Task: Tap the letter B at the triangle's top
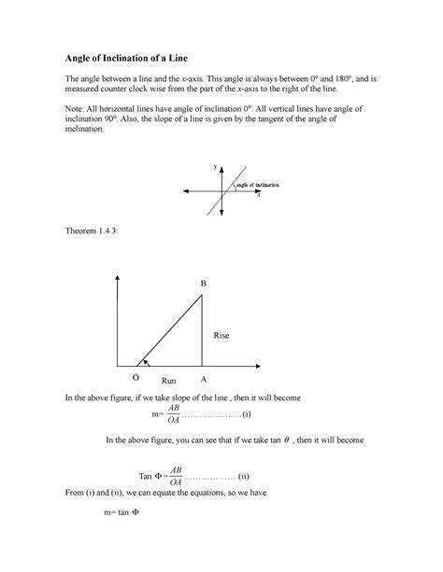coord(203,283)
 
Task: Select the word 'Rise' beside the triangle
coord(221,334)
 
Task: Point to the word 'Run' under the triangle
coord(168,382)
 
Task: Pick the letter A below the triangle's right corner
coord(204,381)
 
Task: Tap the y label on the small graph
coord(214,166)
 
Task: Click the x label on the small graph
coord(258,197)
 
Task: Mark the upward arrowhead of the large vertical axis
coord(116,278)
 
